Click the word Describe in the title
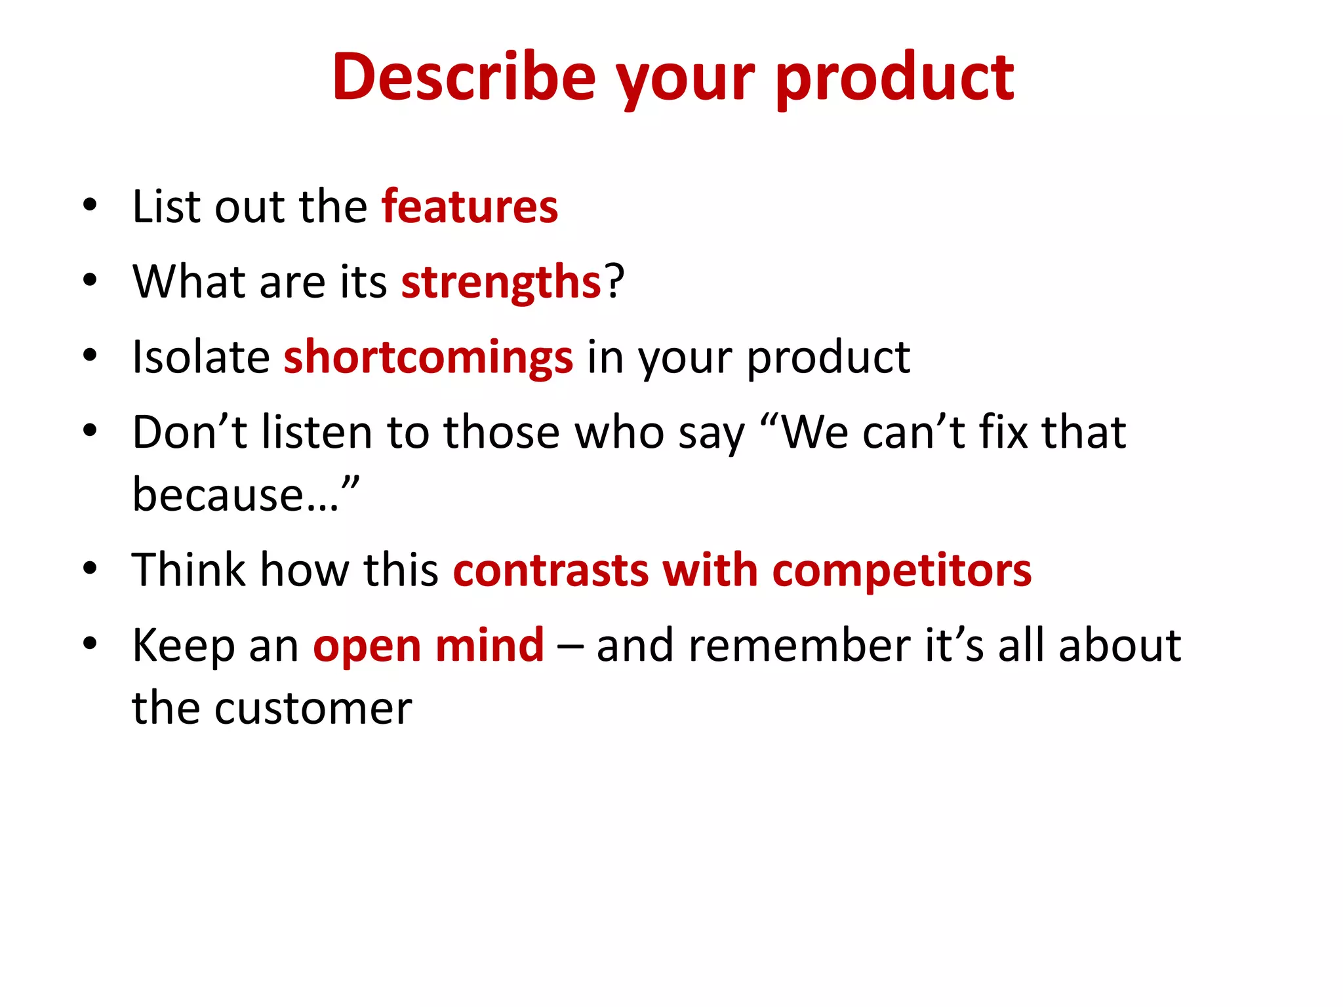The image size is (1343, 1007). [x=464, y=77]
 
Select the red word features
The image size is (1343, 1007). [x=470, y=207]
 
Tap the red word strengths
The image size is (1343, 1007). [x=501, y=283]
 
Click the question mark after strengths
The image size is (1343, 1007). [x=614, y=281]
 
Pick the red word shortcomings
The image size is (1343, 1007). [x=428, y=358]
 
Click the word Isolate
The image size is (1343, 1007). [x=201, y=357]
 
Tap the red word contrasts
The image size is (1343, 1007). [x=551, y=570]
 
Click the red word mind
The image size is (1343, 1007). [x=489, y=646]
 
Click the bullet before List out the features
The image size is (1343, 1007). [x=90, y=205]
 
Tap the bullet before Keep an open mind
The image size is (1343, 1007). [x=90, y=643]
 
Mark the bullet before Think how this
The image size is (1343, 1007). [x=90, y=568]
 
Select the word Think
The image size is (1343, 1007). [x=189, y=569]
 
